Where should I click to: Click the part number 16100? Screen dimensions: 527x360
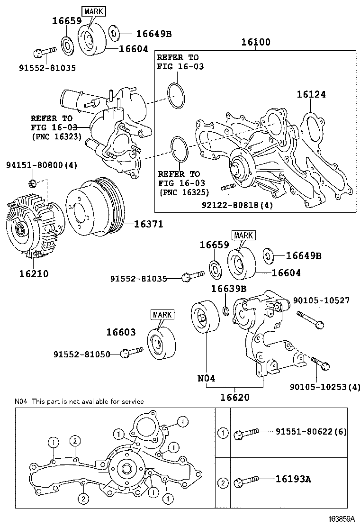[256, 42]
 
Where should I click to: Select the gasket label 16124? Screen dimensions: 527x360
[311, 94]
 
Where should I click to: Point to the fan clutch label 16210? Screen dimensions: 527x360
[34, 273]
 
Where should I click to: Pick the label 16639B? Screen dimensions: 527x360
[228, 289]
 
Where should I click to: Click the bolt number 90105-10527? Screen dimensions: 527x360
[321, 300]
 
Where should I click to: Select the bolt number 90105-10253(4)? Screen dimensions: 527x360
[324, 387]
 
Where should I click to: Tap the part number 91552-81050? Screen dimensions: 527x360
[81, 354]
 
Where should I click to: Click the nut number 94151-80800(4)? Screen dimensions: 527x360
[42, 165]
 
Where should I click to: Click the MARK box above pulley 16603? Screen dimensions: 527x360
[162, 314]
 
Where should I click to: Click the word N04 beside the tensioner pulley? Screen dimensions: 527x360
[206, 379]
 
